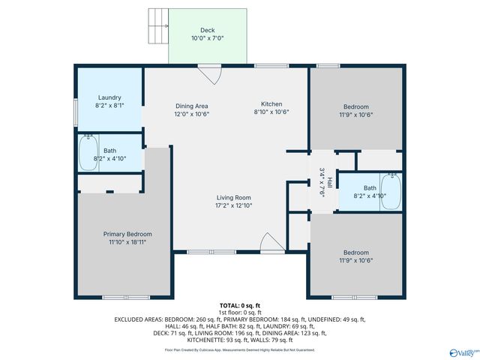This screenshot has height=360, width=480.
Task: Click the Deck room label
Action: pyautogui.click(x=207, y=30)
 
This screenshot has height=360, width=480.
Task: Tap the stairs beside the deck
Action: pyautogui.click(x=159, y=26)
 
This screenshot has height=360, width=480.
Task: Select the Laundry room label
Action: pyautogui.click(x=109, y=97)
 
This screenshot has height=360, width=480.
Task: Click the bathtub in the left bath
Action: pyautogui.click(x=89, y=153)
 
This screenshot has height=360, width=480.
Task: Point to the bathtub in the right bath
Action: pyautogui.click(x=391, y=192)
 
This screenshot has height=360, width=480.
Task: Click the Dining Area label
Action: pyautogui.click(x=191, y=106)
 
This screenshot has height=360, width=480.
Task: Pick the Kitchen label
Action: pyautogui.click(x=271, y=103)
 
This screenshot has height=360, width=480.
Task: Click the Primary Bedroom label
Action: pyautogui.click(x=127, y=234)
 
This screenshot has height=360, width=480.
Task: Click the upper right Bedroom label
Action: pyautogui.click(x=355, y=106)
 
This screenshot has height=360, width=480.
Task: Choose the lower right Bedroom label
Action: pyautogui.click(x=355, y=252)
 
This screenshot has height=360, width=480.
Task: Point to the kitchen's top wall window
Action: pyautogui.click(x=266, y=66)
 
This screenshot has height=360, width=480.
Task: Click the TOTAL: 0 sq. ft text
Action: pyautogui.click(x=240, y=306)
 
